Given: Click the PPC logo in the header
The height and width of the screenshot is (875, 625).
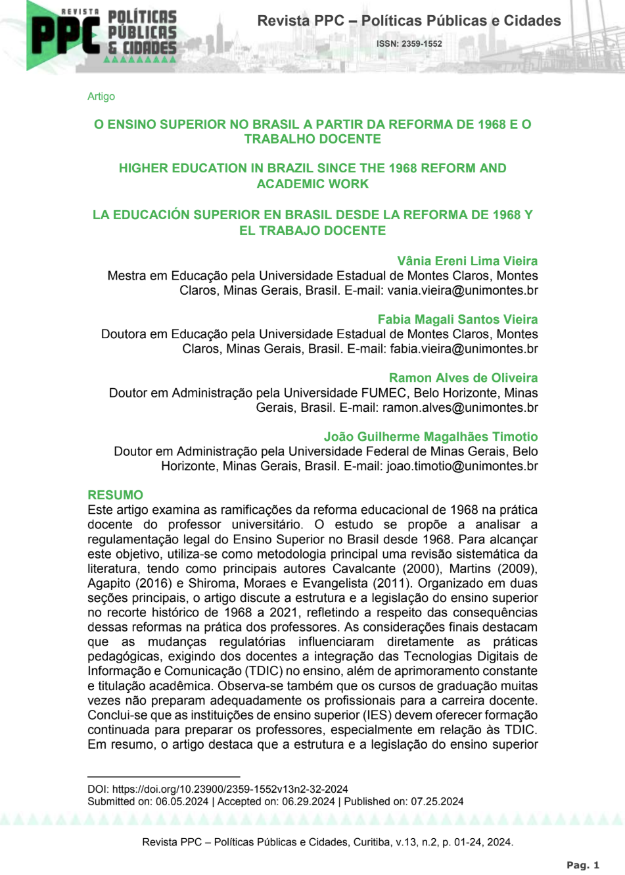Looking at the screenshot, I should pyautogui.click(x=66, y=34).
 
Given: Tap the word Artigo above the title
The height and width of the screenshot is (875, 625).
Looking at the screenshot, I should pyautogui.click(x=101, y=96).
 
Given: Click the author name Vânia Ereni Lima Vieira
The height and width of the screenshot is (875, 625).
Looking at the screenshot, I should pyautogui.click(x=467, y=261).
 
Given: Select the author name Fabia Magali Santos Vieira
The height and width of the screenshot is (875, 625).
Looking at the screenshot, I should pyautogui.click(x=457, y=319).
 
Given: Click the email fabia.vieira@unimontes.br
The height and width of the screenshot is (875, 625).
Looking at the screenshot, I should pyautogui.click(x=464, y=349).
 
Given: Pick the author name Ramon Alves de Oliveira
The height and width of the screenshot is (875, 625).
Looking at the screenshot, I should pyautogui.click(x=463, y=378).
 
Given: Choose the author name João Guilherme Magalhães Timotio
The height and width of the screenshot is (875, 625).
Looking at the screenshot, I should pyautogui.click(x=430, y=436).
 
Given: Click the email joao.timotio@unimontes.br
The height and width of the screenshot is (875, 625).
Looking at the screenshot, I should pyautogui.click(x=462, y=466).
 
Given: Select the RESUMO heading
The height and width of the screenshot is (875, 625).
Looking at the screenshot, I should pyautogui.click(x=115, y=495).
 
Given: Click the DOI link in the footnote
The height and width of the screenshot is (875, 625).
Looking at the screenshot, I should pyautogui.click(x=230, y=789).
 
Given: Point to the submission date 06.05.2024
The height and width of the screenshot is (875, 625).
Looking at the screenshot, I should pyautogui.click(x=182, y=801).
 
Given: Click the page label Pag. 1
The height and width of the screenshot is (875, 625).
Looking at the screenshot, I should pyautogui.click(x=583, y=865).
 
